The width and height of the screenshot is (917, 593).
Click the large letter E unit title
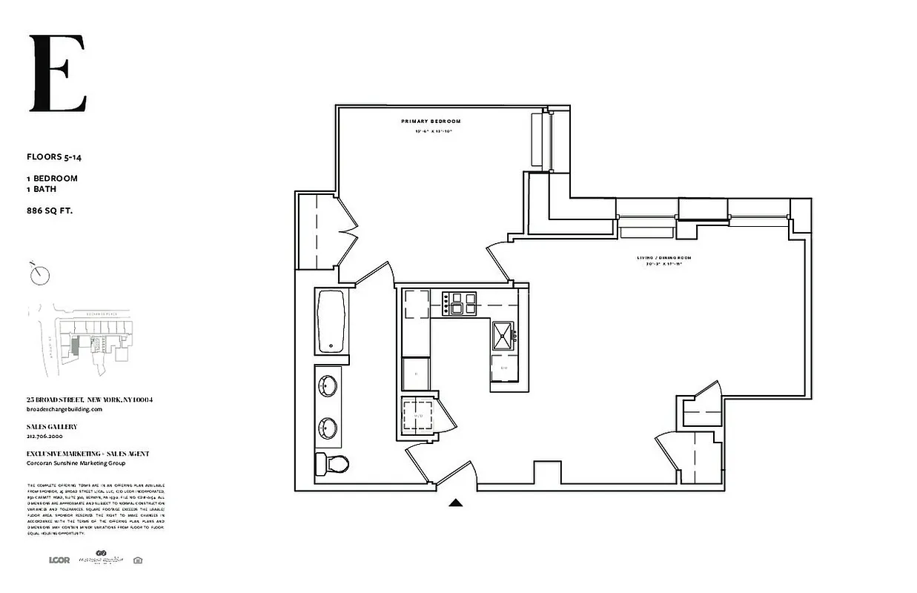[x=58, y=73]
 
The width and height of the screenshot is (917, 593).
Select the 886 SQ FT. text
[x=50, y=211]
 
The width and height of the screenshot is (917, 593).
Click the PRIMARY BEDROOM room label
[x=431, y=121]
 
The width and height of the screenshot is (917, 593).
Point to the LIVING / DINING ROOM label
[x=663, y=258]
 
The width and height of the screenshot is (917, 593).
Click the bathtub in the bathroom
[x=331, y=321]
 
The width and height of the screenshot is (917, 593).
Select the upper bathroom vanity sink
[x=328, y=385]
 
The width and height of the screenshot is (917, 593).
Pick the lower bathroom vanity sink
[x=328, y=428]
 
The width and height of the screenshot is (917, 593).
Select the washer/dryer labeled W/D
[x=417, y=416]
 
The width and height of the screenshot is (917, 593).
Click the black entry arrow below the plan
[x=456, y=503]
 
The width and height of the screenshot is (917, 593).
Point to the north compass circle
[x=41, y=276]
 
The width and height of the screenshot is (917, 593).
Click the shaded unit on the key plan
[x=75, y=345]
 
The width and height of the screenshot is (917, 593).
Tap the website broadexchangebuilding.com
[x=64, y=409]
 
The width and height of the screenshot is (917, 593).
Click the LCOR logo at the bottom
[x=59, y=560]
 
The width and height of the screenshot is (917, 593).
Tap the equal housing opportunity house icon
[x=137, y=560]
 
